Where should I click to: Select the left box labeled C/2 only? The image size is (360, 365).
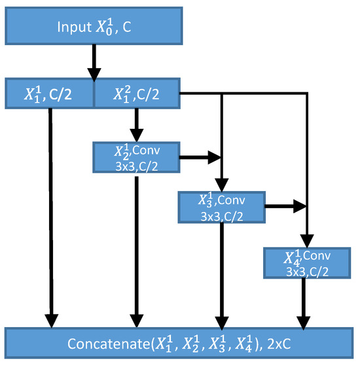(x=50, y=94)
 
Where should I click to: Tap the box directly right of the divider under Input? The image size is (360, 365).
(x=136, y=94)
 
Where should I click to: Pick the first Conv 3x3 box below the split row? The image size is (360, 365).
(x=136, y=158)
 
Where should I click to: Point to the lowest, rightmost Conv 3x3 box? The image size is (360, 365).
(x=305, y=262)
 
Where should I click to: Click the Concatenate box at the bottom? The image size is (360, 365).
(x=180, y=343)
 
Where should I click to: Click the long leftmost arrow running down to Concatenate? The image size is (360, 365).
(x=50, y=216)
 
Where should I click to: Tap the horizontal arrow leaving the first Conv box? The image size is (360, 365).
(x=200, y=158)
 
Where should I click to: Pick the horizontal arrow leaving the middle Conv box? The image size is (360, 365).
(x=285, y=206)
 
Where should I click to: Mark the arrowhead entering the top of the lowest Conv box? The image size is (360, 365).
(x=306, y=241)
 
